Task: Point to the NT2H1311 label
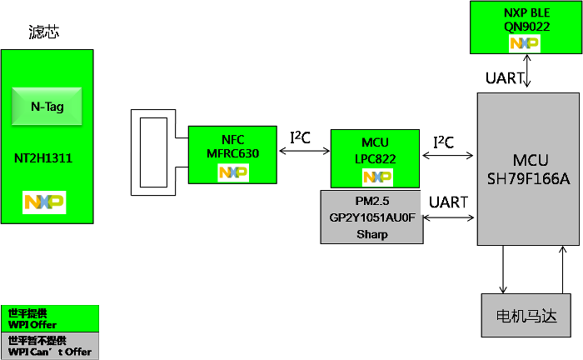46,157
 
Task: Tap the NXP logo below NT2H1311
45,202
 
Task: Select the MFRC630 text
232,154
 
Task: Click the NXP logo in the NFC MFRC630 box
233,172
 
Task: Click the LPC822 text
375,158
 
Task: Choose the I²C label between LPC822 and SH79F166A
443,142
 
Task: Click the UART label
448,202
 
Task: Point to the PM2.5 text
371,201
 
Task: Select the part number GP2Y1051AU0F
371,217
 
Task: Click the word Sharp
371,234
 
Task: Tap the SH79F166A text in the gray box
529,178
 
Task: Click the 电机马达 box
527,316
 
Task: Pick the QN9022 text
526,27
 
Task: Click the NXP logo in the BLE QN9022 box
526,43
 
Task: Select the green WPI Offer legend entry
49,318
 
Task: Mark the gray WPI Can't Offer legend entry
49,346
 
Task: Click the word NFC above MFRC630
232,139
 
